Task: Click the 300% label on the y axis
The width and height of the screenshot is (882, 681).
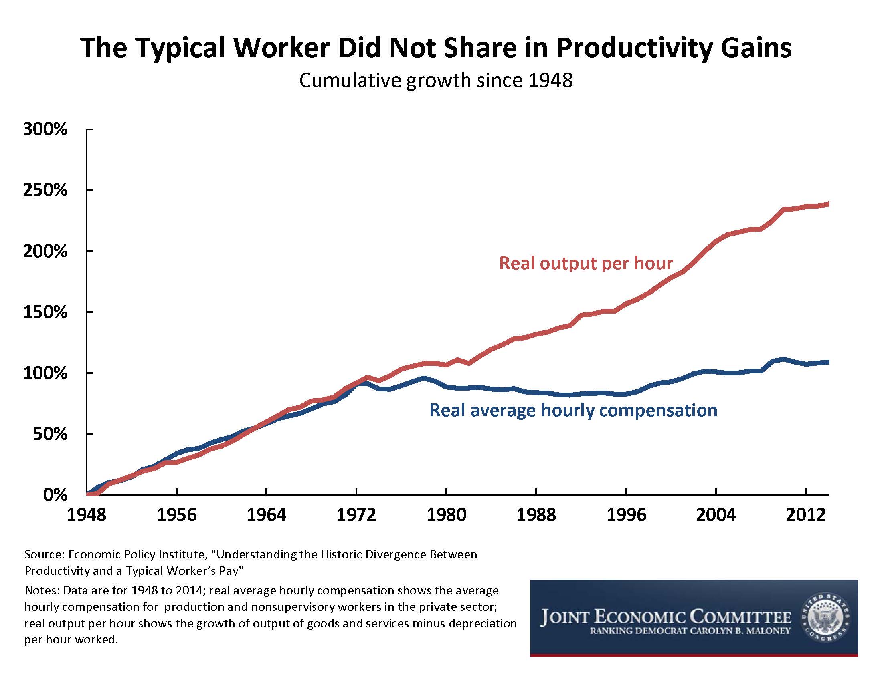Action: [45, 129]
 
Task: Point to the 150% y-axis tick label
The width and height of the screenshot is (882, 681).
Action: [45, 312]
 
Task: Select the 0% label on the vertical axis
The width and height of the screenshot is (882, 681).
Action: [55, 495]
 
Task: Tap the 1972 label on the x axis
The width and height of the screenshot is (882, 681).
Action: [356, 515]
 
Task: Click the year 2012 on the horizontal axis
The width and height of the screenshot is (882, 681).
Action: [806, 515]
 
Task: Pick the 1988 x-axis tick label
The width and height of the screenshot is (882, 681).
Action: [536, 515]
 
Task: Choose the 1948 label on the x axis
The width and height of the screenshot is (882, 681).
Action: [87, 515]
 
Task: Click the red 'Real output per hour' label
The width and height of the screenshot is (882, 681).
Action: [586, 264]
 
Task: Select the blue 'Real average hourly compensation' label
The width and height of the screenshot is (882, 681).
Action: [573, 410]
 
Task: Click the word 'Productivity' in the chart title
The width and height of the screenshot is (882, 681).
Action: [635, 48]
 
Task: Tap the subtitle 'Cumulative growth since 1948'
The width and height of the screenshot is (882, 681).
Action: [436, 80]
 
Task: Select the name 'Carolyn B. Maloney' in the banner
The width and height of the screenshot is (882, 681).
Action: [740, 631]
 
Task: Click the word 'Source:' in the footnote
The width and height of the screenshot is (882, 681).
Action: [45, 555]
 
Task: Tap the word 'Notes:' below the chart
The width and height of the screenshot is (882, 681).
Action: [42, 590]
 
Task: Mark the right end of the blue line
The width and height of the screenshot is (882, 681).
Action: [828, 362]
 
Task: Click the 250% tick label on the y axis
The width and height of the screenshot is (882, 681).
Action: [45, 190]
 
